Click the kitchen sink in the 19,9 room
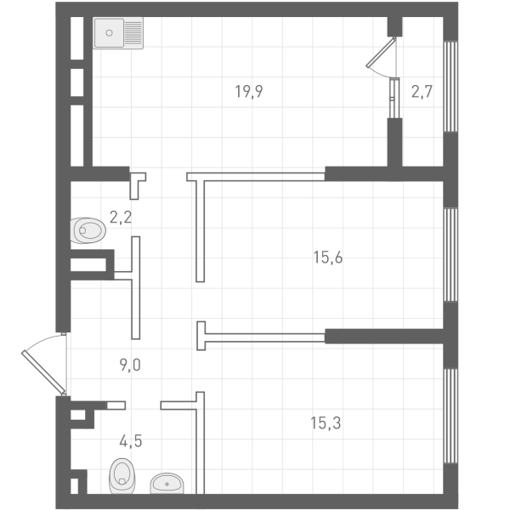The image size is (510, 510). pos(120,34)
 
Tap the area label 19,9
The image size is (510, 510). pos(248,92)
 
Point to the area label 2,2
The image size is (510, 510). pos(121,216)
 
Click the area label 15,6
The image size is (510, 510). pos(328,258)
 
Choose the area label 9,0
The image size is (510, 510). pos(130,365)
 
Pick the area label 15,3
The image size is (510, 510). pos(327,421)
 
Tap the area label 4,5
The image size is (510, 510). pos(130,441)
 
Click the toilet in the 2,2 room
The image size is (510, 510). pos(88,229)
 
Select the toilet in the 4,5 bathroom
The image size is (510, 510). pos(122,477)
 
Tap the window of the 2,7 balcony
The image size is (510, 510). pos(450,85)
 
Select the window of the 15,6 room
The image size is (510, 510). pos(450,255)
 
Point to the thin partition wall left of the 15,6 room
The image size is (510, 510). pos(200,229)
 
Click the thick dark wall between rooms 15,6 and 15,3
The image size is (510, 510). pos(387,336)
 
